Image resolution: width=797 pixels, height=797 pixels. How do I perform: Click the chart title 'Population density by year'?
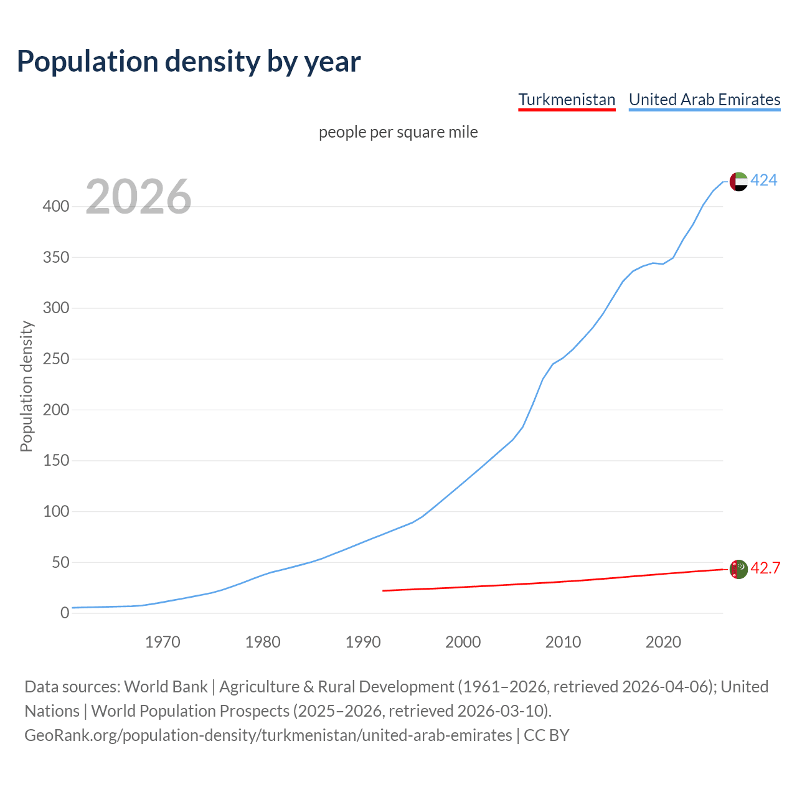(x=189, y=62)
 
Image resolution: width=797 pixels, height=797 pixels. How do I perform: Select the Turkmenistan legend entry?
(x=567, y=100)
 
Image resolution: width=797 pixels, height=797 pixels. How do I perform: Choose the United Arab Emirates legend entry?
(x=704, y=100)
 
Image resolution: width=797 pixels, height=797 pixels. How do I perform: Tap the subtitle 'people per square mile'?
(x=398, y=132)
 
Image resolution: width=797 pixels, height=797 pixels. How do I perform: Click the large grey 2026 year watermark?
(x=138, y=197)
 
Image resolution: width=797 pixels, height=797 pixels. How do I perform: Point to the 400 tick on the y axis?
(x=55, y=206)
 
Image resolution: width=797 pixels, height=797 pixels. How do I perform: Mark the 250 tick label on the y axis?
(x=55, y=359)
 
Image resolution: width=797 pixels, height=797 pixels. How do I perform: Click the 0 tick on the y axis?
(x=64, y=613)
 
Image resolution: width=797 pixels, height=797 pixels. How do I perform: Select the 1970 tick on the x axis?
(x=163, y=642)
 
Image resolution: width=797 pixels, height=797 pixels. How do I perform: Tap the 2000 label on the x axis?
(x=463, y=642)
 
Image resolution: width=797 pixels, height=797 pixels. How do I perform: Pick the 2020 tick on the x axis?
(x=663, y=642)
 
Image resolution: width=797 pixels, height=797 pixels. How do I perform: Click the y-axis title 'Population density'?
(x=26, y=386)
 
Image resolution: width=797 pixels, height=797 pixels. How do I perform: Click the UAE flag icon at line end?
(x=738, y=181)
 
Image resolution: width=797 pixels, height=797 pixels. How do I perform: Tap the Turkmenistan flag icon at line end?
(x=738, y=569)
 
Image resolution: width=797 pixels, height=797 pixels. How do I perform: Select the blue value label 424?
(x=763, y=181)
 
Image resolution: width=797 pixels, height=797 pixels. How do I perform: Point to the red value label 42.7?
(x=765, y=568)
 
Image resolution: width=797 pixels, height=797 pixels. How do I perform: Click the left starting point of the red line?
(x=383, y=590)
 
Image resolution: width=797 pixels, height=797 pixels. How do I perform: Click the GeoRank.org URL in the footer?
(x=268, y=735)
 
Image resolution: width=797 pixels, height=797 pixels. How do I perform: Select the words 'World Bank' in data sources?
(x=166, y=687)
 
